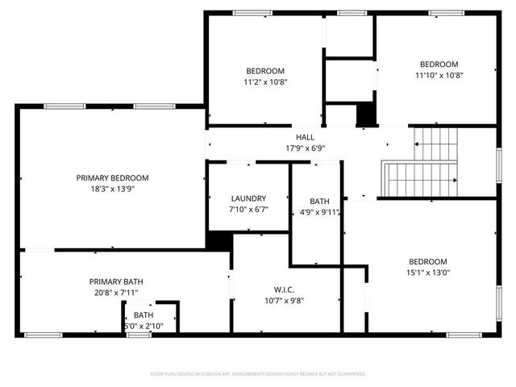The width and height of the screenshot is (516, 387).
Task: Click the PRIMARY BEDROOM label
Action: tap(112, 177)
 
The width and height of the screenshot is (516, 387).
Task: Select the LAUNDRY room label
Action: tap(248, 198)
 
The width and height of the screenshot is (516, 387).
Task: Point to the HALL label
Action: tap(305, 137)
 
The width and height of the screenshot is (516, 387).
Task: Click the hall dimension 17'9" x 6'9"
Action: tap(305, 148)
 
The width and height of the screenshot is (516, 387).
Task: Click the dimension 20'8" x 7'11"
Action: tap(116, 293)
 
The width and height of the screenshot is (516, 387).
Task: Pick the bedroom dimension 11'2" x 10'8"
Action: tap(265, 81)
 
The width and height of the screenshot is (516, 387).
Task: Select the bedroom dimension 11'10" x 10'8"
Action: tap(439, 76)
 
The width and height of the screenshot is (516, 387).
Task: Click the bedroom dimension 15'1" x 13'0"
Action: tap(427, 273)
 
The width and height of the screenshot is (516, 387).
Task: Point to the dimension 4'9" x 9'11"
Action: tap(320, 213)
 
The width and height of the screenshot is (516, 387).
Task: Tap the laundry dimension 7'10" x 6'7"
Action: tap(248, 210)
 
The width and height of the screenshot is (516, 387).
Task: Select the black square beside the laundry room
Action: tap(219, 240)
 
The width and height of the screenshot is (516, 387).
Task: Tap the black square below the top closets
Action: tap(367, 114)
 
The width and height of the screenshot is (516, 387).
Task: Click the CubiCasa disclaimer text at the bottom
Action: tap(258, 374)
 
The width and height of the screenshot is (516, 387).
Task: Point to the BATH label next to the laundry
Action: tap(320, 202)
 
